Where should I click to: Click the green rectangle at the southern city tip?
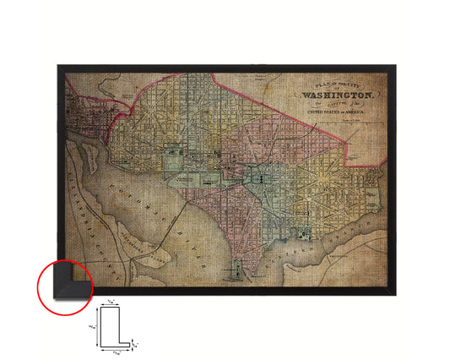coord(239,272)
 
